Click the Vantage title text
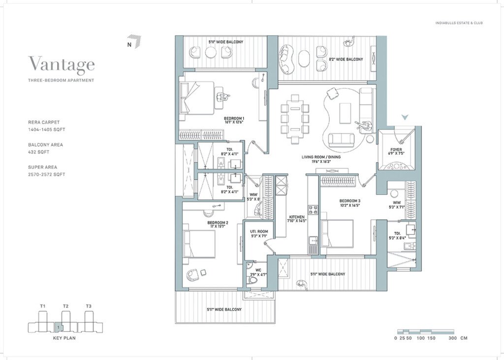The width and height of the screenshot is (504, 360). pos(62,65)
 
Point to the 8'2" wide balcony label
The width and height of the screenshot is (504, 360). pos(346,60)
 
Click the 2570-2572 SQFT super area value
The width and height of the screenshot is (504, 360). pos(47,174)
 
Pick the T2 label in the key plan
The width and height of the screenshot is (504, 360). pos(65,306)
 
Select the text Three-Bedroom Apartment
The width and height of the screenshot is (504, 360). pos(61,80)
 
